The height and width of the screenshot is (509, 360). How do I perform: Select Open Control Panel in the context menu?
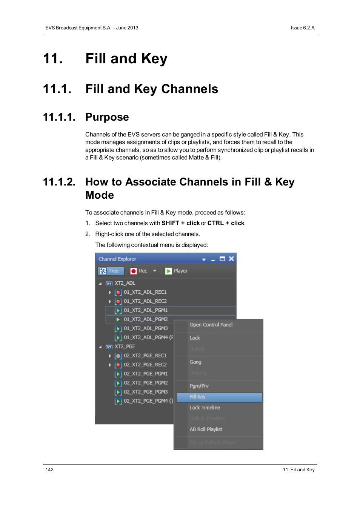[211, 325]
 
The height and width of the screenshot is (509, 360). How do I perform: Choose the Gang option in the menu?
[195, 362]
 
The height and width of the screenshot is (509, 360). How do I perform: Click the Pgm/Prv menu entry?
[199, 386]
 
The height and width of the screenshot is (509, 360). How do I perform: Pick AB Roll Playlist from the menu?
[206, 429]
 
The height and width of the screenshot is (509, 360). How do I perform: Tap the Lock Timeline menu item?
[205, 408]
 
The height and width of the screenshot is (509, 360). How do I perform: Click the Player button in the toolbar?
[176, 271]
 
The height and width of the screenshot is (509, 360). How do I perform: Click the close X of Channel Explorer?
[231, 259]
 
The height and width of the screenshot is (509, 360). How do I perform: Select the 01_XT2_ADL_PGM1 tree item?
[146, 310]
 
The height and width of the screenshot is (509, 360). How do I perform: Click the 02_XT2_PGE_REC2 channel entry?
[145, 365]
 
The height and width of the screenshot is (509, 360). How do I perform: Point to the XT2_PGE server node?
[125, 346]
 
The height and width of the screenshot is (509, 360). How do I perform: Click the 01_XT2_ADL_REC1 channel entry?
[145, 292]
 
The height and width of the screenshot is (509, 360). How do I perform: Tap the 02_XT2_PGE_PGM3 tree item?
[146, 392]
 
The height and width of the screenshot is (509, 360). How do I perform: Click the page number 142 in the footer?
[49, 470]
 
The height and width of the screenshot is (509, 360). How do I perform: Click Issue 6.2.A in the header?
[302, 28]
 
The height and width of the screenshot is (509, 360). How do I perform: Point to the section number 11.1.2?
[59, 182]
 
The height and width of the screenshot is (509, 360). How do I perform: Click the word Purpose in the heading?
[107, 117]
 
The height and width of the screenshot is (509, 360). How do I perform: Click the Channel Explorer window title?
[117, 259]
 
